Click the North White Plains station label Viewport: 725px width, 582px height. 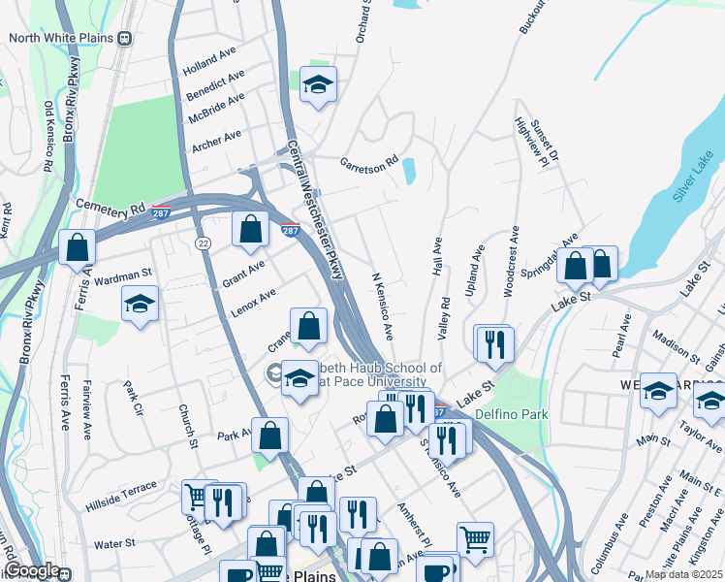pos(62,39)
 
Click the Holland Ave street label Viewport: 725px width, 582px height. pos(209,72)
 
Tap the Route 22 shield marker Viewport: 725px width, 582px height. pos(203,242)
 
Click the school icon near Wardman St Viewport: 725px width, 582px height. pos(140,304)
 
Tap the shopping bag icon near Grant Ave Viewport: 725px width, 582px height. pos(250,231)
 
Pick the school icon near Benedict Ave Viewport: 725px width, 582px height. pos(317,84)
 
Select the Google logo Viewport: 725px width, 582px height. pos(32,570)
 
